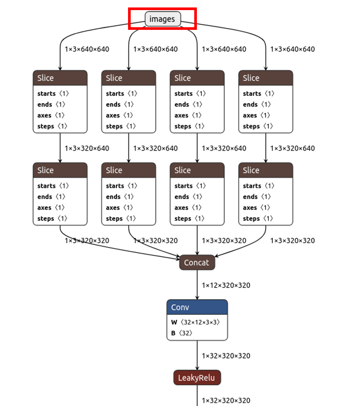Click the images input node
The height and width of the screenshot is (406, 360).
click(162, 19)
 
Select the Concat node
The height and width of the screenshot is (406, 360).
click(197, 262)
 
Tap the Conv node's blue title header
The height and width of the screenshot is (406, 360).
click(197, 307)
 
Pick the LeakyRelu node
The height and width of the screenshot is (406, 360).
click(197, 377)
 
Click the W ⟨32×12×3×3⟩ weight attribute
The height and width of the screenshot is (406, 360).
click(195, 322)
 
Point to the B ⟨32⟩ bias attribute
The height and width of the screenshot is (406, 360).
click(182, 333)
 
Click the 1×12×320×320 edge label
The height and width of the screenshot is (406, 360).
click(226, 285)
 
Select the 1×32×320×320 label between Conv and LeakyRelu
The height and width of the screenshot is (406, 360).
click(226, 356)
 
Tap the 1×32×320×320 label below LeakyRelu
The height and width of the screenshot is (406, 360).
click(226, 400)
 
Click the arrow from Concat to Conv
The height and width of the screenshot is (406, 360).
click(197, 285)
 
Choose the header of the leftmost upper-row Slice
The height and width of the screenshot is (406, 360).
click(60, 78)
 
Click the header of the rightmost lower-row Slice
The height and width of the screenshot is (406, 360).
click(266, 170)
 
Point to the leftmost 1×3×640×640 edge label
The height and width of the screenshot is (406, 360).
click(87, 49)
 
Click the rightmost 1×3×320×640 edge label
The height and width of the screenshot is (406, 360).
click(292, 148)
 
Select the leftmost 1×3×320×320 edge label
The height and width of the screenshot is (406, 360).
click(87, 241)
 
